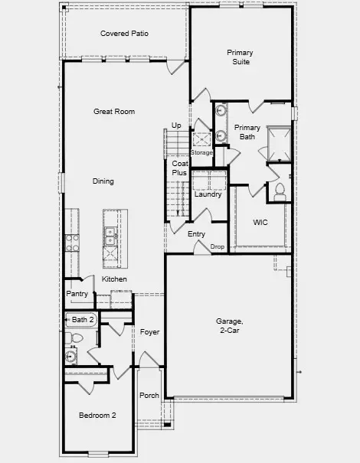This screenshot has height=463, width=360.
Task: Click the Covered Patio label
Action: click(125, 34)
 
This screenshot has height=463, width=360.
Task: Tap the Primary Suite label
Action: click(240, 57)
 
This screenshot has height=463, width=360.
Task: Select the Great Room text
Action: click(114, 112)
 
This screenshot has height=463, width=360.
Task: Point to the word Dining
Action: click(103, 181)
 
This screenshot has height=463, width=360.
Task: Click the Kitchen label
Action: click(114, 279)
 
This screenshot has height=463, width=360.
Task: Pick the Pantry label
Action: click(77, 293)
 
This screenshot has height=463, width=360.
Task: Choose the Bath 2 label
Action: click(83, 319)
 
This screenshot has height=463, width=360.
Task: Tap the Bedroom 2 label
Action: click(97, 416)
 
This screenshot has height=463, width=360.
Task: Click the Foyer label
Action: click(149, 331)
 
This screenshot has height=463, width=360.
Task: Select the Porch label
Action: click(149, 396)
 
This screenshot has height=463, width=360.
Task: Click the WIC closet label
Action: click(260, 223)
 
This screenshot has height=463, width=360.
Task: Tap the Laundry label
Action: click(208, 194)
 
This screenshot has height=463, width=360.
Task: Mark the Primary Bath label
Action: click(247, 132)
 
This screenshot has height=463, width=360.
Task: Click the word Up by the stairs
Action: click(176, 125)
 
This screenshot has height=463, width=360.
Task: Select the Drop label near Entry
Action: click(218, 246)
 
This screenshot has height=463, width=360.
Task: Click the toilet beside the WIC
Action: click(280, 189)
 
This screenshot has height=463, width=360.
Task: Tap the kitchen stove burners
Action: click(74, 243)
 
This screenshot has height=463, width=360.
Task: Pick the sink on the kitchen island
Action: click(110, 232)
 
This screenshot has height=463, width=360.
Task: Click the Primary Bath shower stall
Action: click(277, 141)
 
